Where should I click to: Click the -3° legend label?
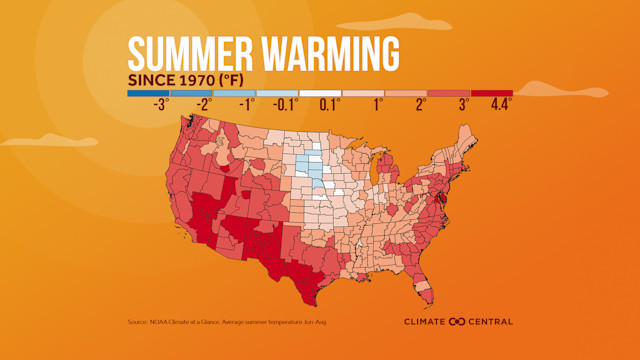(160, 104)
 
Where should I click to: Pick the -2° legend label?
(204, 104)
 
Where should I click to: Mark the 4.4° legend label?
(500, 104)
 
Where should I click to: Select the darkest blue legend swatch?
(148, 92)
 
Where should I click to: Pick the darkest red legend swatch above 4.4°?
(491, 92)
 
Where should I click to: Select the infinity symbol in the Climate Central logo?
(458, 321)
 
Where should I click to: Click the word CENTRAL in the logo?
(491, 321)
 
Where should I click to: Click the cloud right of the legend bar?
(560, 90)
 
